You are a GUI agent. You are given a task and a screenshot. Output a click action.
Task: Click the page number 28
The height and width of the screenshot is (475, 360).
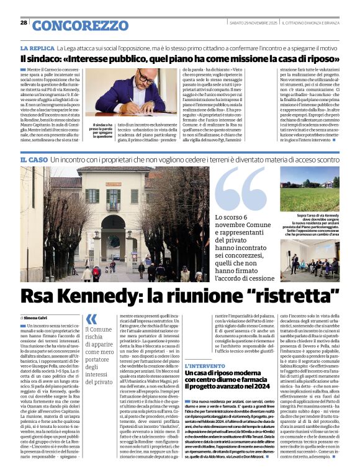click(24, 22)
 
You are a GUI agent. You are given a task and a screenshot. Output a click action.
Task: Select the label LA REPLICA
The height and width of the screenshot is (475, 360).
click(37, 48)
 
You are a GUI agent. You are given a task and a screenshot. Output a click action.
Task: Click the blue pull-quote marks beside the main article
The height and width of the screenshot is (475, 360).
click(91, 319)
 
